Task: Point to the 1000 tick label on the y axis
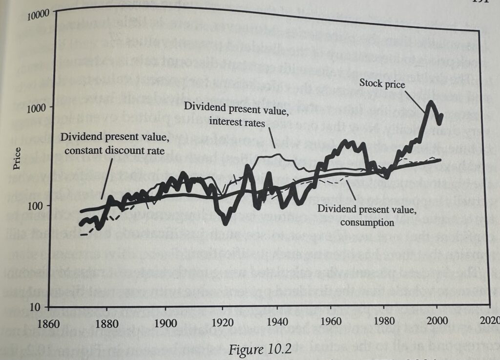tap(35, 108)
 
